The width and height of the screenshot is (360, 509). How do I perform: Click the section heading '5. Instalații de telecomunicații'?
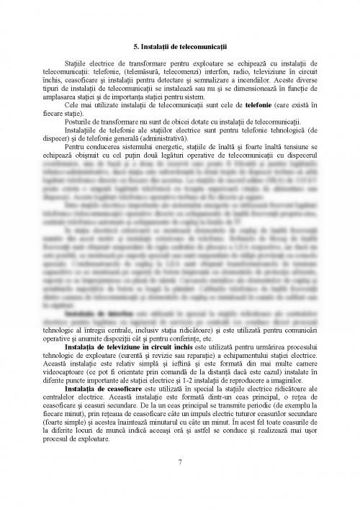pos(180,46)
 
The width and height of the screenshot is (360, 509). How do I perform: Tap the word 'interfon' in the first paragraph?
pos(210,73)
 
